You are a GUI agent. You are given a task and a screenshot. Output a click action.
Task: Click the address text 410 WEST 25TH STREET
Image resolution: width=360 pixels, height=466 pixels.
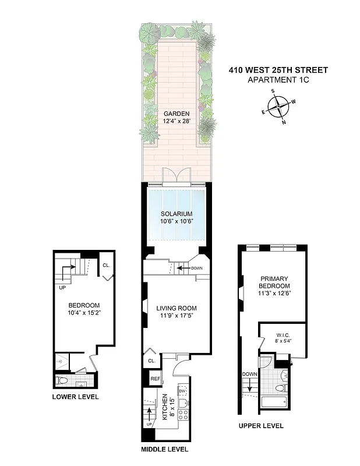click(278, 70)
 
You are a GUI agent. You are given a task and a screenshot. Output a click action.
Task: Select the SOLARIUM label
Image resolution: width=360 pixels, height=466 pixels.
click(176, 214)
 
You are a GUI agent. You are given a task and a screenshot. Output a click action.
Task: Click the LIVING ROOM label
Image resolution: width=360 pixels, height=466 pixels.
click(176, 308)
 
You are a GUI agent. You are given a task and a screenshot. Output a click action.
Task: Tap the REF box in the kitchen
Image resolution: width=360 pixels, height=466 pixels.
click(155, 379)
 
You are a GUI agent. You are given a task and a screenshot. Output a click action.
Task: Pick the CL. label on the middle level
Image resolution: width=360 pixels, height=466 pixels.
click(151, 361)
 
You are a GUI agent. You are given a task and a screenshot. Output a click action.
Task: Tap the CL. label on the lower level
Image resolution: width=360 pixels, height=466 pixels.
click(106, 265)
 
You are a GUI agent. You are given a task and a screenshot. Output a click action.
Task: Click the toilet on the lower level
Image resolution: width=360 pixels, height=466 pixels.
click(64, 382)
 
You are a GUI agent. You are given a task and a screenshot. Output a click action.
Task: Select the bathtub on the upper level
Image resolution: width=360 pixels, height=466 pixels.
click(274, 402)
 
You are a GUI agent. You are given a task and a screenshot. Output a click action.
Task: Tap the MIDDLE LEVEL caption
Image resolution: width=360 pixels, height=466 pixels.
click(165, 450)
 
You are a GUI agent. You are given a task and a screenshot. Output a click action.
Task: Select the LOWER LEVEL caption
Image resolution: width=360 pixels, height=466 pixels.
click(75, 397)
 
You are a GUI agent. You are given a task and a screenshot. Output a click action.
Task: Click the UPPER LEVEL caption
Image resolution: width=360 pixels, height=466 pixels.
click(261, 426)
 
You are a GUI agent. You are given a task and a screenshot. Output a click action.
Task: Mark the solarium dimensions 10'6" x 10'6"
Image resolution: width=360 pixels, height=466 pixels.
click(176, 221)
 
